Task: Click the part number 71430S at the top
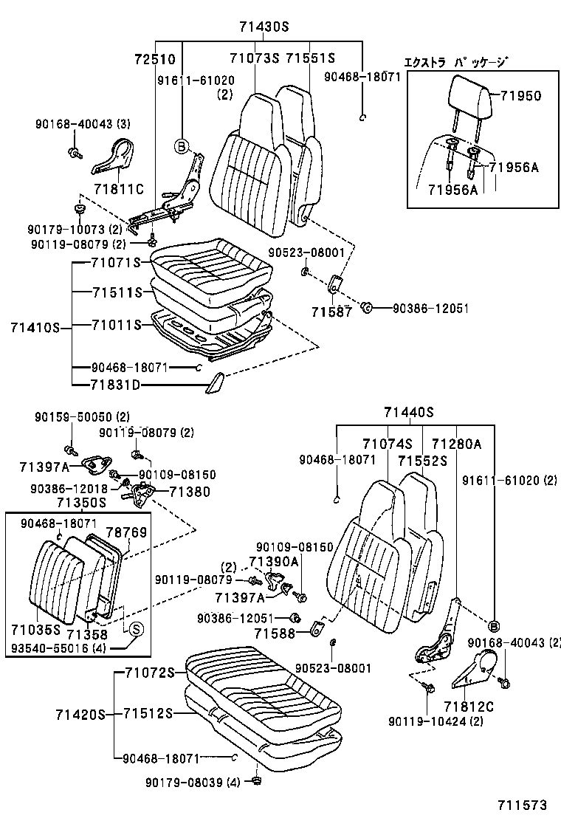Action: tap(264, 27)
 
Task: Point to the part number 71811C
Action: tap(118, 188)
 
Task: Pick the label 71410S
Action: tap(35, 326)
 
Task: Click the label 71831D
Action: tap(116, 385)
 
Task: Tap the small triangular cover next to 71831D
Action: tap(217, 383)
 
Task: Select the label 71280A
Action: tap(456, 444)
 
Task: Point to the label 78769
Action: tap(125, 532)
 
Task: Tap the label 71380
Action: tap(190, 491)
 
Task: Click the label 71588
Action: tap(275, 633)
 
